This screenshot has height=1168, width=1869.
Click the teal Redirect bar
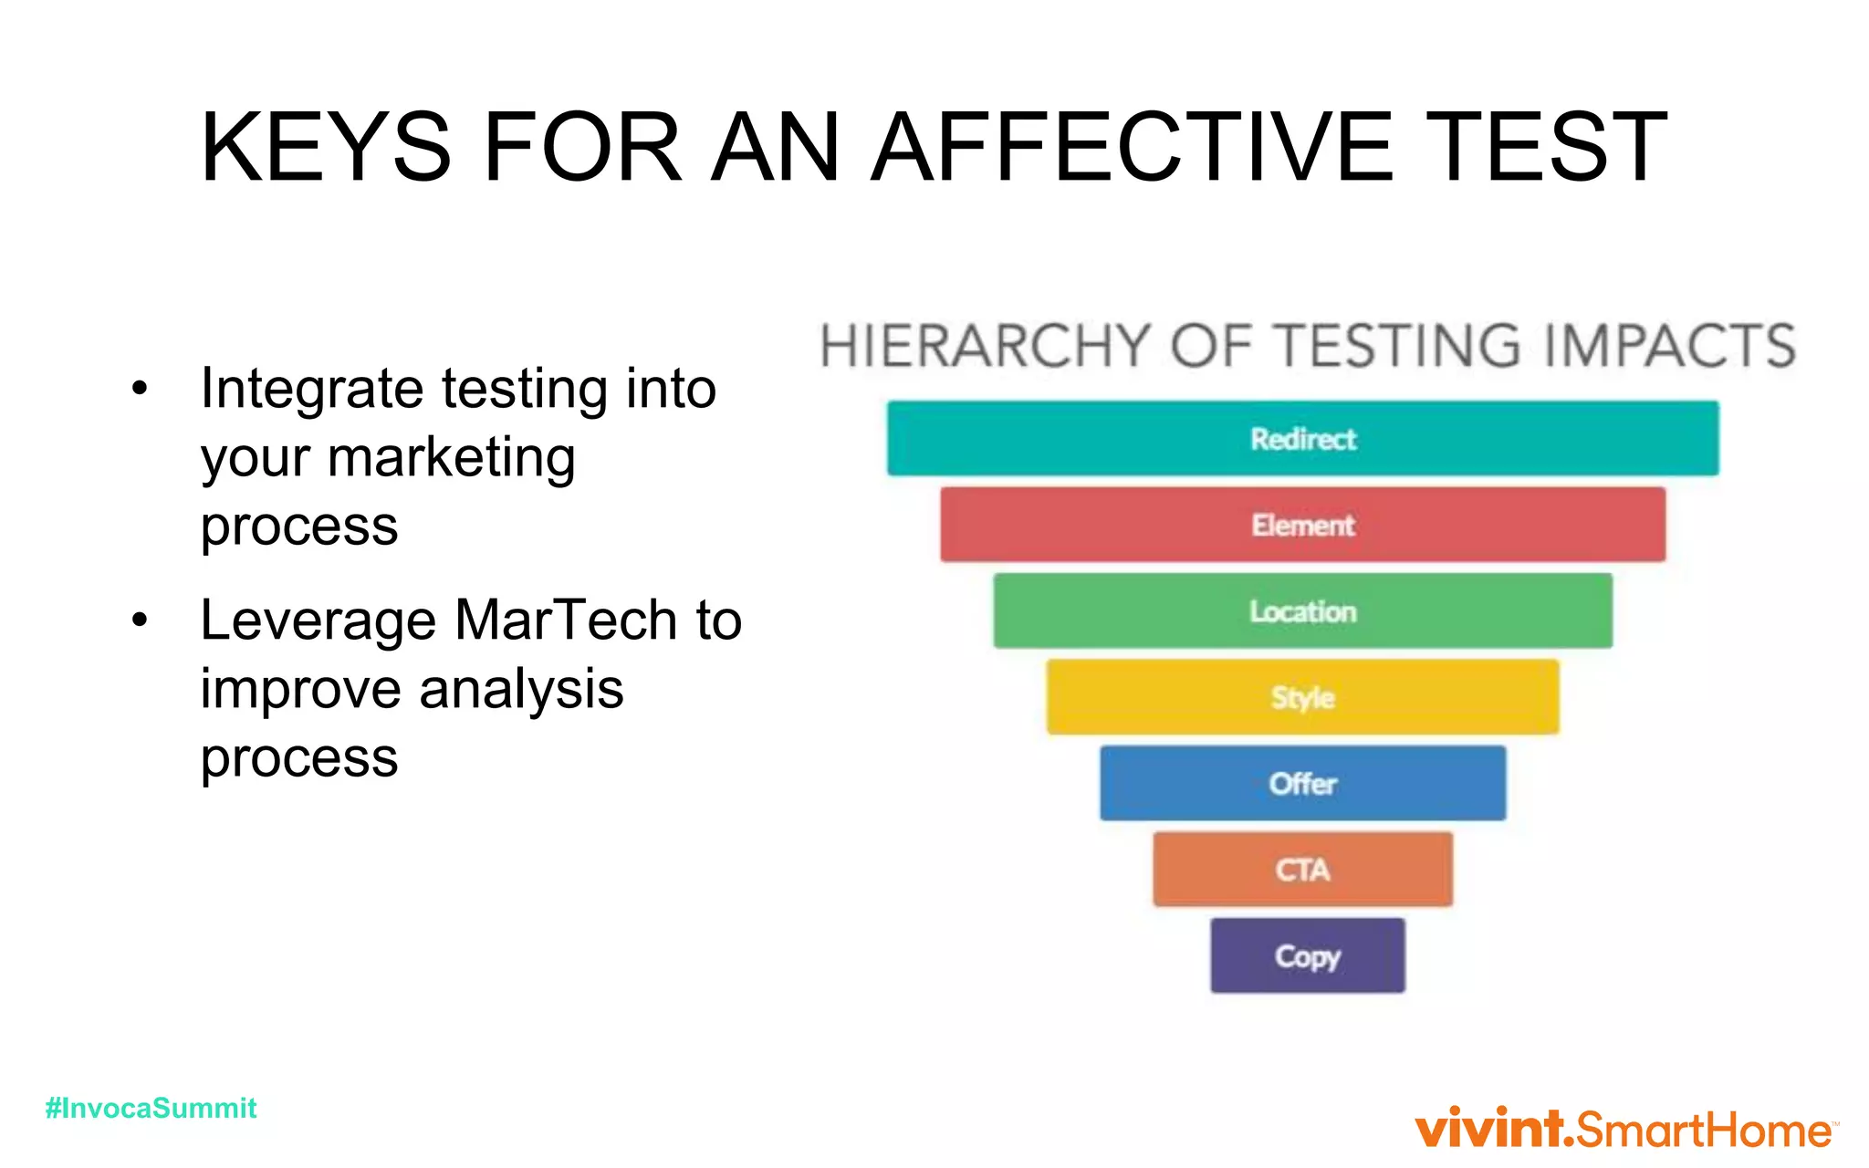click(1302, 439)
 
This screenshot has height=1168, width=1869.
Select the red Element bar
click(1302, 525)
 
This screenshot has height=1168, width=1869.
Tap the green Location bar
click(1302, 610)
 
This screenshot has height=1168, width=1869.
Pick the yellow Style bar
click(1302, 697)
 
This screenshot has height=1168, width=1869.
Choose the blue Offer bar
click(1302, 783)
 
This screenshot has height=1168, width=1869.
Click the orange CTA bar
click(1302, 869)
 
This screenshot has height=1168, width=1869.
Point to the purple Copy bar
click(1307, 955)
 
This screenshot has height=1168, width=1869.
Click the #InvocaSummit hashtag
click(151, 1108)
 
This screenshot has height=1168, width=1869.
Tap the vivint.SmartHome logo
click(1624, 1129)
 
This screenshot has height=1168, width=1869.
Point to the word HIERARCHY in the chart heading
click(984, 347)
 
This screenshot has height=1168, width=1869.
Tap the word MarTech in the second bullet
click(566, 620)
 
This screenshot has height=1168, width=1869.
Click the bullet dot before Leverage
click(139, 620)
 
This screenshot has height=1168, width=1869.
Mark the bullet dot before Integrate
click(139, 389)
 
